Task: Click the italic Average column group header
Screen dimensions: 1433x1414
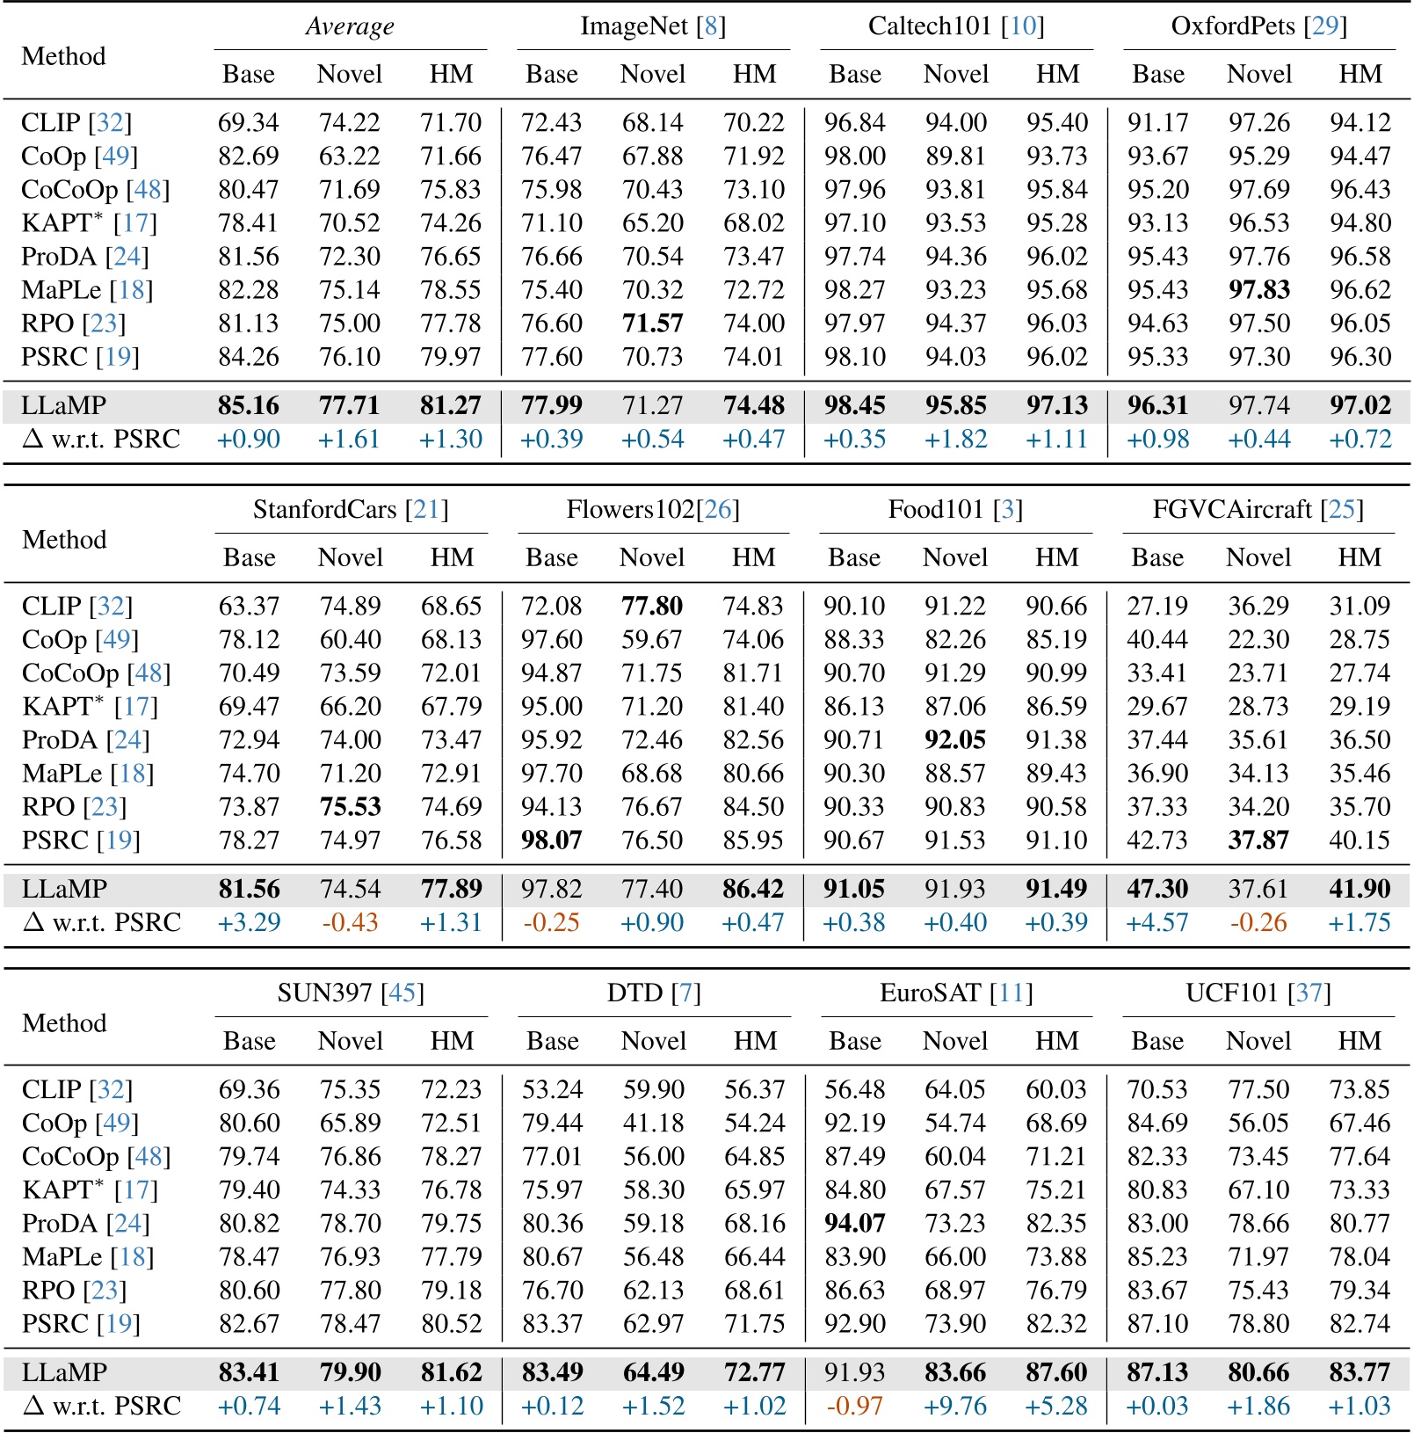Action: coord(350,26)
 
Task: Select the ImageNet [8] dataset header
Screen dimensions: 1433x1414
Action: coord(653,26)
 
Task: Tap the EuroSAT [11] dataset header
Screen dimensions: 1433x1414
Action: coord(956,993)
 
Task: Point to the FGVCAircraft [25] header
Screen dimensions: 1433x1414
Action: coord(1258,510)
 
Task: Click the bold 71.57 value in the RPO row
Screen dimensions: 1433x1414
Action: coord(652,324)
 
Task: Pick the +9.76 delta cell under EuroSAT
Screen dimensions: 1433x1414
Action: coord(955,1406)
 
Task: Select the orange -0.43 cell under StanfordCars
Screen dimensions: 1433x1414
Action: coord(350,922)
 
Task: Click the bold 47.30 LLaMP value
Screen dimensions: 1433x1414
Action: coord(1157,889)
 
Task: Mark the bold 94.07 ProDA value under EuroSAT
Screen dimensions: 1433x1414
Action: coord(854,1223)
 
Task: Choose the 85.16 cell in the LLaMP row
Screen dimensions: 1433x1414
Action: coord(249,405)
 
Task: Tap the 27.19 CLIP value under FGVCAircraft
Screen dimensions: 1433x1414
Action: coord(1157,606)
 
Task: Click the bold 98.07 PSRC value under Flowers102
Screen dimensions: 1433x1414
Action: coord(551,840)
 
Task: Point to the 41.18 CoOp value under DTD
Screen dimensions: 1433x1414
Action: coord(653,1123)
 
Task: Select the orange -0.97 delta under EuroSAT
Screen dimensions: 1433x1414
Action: coord(854,1406)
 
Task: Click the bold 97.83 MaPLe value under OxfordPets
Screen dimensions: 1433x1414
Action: coord(1258,290)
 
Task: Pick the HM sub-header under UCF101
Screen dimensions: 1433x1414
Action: coord(1360,1041)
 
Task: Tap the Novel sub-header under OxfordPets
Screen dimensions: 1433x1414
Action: coord(1258,74)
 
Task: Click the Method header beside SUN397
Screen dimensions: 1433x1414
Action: coord(64,1022)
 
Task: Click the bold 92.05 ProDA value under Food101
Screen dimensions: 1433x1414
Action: coord(955,739)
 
